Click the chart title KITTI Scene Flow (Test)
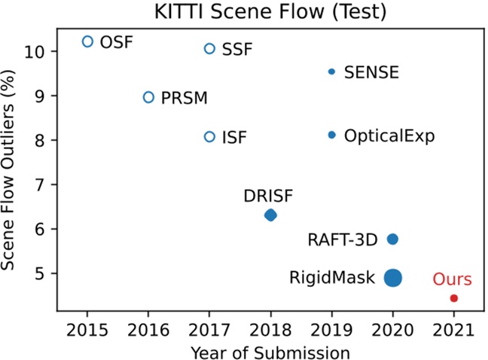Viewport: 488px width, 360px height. click(x=270, y=11)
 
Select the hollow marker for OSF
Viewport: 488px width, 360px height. click(x=87, y=41)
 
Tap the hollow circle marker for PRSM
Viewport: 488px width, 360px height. click(x=148, y=97)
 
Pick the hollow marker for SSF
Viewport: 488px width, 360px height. click(x=209, y=49)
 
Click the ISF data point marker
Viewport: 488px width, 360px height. click(x=209, y=137)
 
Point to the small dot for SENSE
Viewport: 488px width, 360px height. click(x=331, y=72)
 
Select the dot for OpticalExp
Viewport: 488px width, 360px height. click(x=331, y=135)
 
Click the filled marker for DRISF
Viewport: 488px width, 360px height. click(x=271, y=215)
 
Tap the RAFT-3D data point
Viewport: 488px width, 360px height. click(x=392, y=239)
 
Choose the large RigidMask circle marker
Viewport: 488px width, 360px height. click(x=393, y=278)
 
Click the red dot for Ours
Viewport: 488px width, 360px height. click(x=454, y=298)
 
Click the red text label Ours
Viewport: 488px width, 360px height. click(x=453, y=279)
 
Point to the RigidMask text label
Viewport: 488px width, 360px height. click(x=332, y=278)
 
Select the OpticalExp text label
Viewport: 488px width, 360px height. click(x=389, y=136)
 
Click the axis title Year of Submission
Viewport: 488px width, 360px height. click(x=270, y=351)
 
